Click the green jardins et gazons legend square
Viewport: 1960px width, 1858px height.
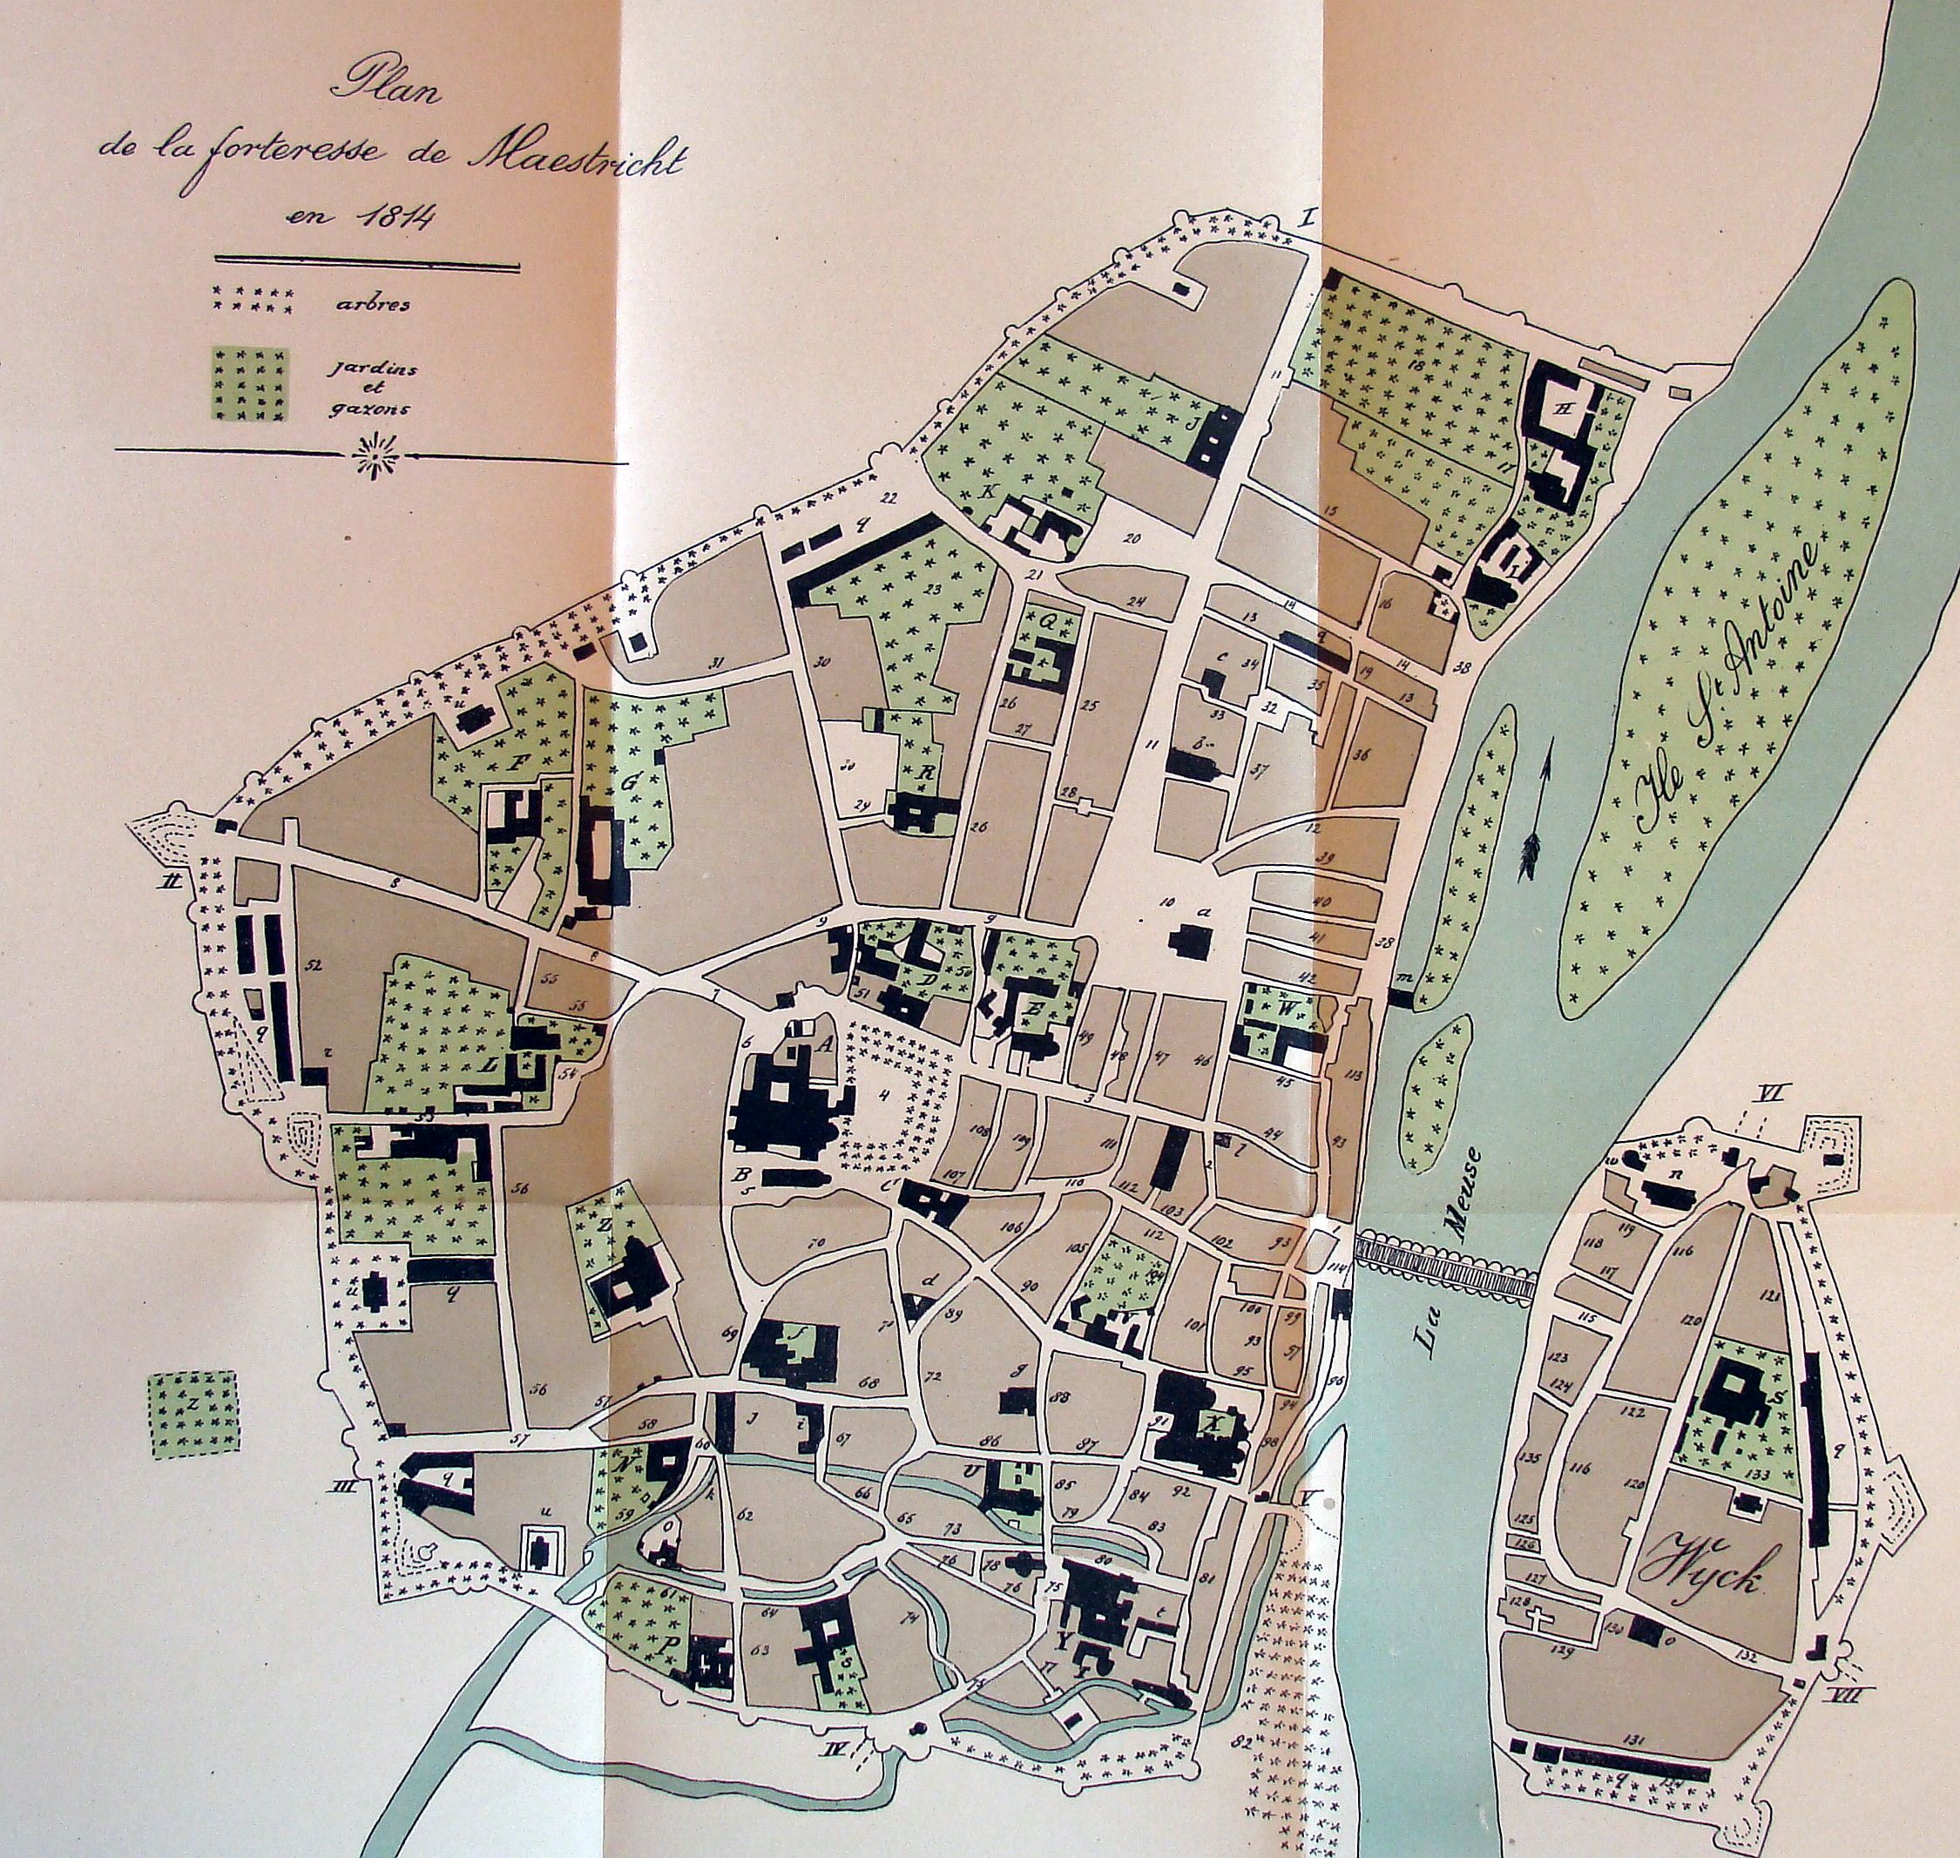251,384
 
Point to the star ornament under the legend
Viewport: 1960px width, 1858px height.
375,457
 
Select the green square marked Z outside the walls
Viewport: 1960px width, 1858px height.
193,1412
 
